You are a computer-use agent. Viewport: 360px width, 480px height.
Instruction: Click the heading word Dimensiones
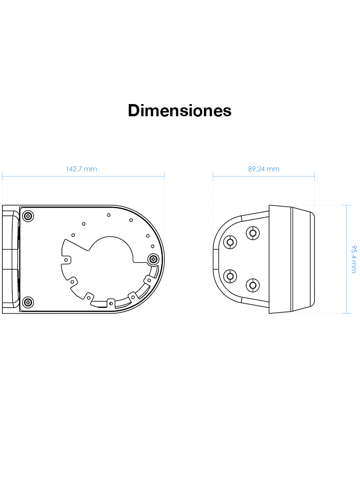coord(180,111)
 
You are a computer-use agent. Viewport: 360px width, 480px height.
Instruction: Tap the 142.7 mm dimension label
coord(82,169)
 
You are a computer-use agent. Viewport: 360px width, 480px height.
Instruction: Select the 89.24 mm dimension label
coord(263,169)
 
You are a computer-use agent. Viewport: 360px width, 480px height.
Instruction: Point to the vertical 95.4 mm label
coord(353,258)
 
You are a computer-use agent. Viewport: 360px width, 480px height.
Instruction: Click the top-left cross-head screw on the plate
coord(29,216)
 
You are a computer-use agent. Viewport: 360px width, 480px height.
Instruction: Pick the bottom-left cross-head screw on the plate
coord(29,301)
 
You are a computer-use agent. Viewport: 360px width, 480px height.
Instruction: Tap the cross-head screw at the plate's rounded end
coord(153,259)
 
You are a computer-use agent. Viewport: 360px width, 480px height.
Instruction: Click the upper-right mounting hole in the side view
coord(253,233)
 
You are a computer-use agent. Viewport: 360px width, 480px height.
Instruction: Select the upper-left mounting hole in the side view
coord(230,242)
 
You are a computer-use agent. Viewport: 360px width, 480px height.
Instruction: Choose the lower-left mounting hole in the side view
coord(230,276)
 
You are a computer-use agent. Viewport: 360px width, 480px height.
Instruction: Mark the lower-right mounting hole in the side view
coord(253,285)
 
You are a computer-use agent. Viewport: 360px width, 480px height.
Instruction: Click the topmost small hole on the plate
coord(108,215)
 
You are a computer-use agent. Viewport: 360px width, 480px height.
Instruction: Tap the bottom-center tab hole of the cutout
coord(111,302)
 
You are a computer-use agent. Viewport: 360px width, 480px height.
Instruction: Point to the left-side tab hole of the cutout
coord(67,259)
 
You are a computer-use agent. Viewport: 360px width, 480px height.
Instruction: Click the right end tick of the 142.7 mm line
coord(165,176)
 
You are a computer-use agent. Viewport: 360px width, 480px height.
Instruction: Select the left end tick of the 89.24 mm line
coord(213,176)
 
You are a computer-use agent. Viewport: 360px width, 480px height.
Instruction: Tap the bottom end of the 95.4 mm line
coord(346,313)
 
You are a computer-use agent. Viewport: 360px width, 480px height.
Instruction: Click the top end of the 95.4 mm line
coord(346,205)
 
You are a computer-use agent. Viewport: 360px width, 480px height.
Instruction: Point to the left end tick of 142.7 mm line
coord(2,176)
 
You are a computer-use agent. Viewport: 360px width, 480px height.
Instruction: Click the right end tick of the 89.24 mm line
coord(315,176)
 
